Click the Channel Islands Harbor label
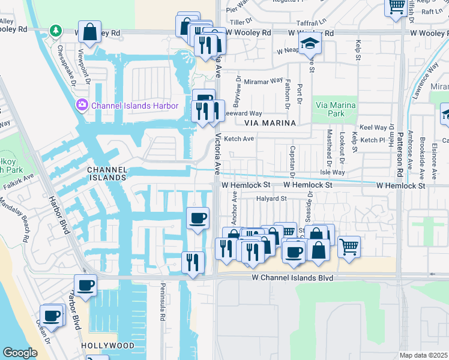[134, 106]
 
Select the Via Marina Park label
[336, 110]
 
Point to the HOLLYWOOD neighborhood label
[108, 346]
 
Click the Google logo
[19, 352]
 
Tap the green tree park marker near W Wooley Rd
[55, 30]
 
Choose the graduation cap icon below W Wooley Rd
[310, 44]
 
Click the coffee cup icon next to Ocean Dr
[52, 315]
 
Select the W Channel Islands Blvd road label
[292, 278]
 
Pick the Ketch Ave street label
[239, 139]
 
